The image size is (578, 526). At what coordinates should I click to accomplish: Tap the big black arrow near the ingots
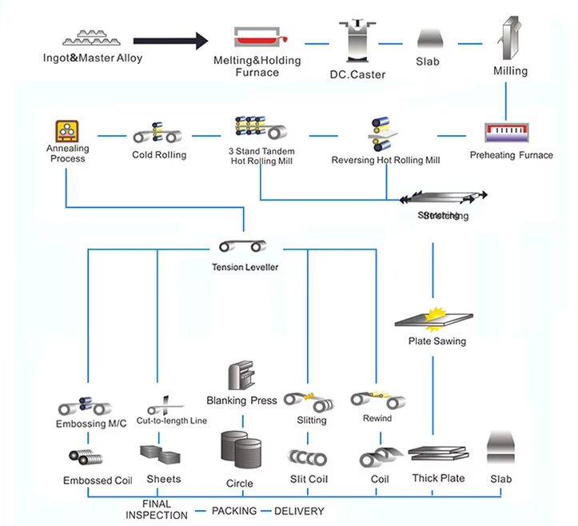click(x=169, y=39)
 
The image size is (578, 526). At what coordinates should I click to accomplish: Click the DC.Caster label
click(x=357, y=74)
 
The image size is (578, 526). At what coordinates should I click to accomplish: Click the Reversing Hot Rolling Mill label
click(x=385, y=160)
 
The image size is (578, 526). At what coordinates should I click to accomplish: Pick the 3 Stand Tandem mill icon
click(x=258, y=128)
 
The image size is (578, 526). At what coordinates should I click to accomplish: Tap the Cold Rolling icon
click(x=157, y=133)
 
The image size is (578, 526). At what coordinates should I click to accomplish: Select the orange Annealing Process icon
click(x=66, y=131)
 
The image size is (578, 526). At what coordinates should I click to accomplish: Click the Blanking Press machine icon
click(x=241, y=376)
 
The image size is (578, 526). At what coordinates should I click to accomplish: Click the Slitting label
click(x=310, y=420)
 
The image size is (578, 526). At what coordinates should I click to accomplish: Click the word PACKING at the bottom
click(x=233, y=510)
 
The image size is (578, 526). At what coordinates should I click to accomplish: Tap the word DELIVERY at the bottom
click(x=300, y=510)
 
